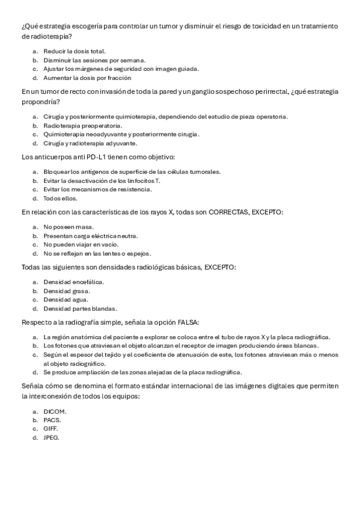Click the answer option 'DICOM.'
55,411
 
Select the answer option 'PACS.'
53,420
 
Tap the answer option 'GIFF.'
51,429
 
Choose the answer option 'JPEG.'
52,438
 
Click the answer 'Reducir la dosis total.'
75,51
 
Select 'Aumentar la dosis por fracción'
87,78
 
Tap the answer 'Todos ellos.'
60,198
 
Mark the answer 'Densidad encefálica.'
73,281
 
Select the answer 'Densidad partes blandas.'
80,309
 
